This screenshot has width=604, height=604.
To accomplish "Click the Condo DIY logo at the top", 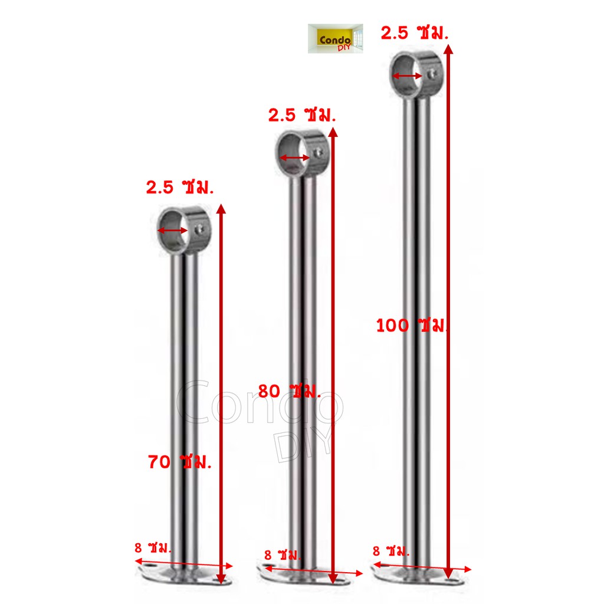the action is [x=335, y=38].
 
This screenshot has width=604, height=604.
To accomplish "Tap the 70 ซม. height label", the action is [x=179, y=461].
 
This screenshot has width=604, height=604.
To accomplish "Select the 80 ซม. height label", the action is [x=289, y=390].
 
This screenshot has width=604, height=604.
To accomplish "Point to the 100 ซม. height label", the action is [x=411, y=326].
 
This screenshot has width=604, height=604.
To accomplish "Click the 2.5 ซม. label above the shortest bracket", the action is [x=179, y=187].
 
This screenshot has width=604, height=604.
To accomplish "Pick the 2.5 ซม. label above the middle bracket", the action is [x=301, y=115].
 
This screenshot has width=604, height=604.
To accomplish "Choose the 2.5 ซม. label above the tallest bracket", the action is [x=415, y=33].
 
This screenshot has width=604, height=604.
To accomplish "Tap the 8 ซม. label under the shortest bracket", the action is [x=153, y=547].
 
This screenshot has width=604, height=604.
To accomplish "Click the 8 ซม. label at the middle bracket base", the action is [x=283, y=554].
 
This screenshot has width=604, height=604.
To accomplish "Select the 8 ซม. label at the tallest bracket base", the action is [x=390, y=551].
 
